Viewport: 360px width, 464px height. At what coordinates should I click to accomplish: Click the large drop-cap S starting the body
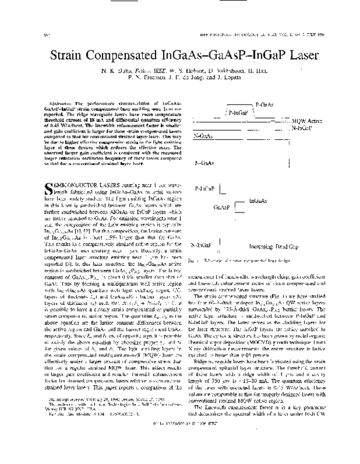(x=43, y=174)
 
